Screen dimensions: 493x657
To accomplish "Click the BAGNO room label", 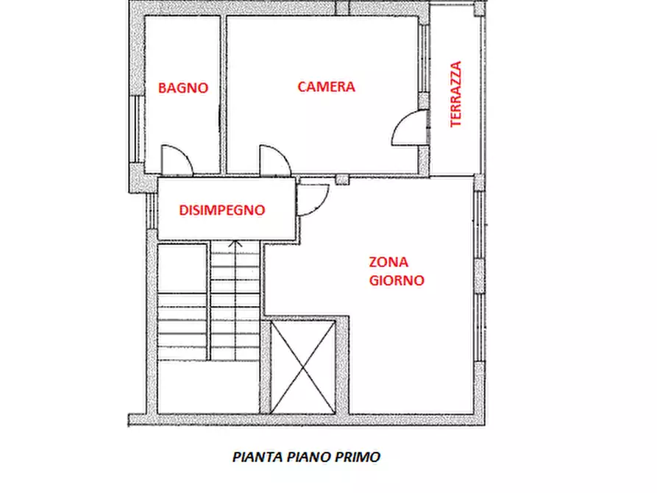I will pos(183,88).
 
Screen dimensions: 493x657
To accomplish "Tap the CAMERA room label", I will pos(326,87).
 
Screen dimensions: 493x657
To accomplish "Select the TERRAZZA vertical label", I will pos(456,94).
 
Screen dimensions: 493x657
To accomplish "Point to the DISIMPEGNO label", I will pos(221,210).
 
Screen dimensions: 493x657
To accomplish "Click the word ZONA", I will pos(388,262).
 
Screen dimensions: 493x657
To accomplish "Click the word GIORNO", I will pos(397,280).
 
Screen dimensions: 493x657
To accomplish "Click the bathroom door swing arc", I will pos(177,160).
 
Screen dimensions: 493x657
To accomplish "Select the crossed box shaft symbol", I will pos(303,366).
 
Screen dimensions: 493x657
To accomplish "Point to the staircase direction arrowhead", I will pos(235,243).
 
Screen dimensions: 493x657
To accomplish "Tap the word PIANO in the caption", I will pos(310,456).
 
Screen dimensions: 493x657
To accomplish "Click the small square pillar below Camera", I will pos(341,179).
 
